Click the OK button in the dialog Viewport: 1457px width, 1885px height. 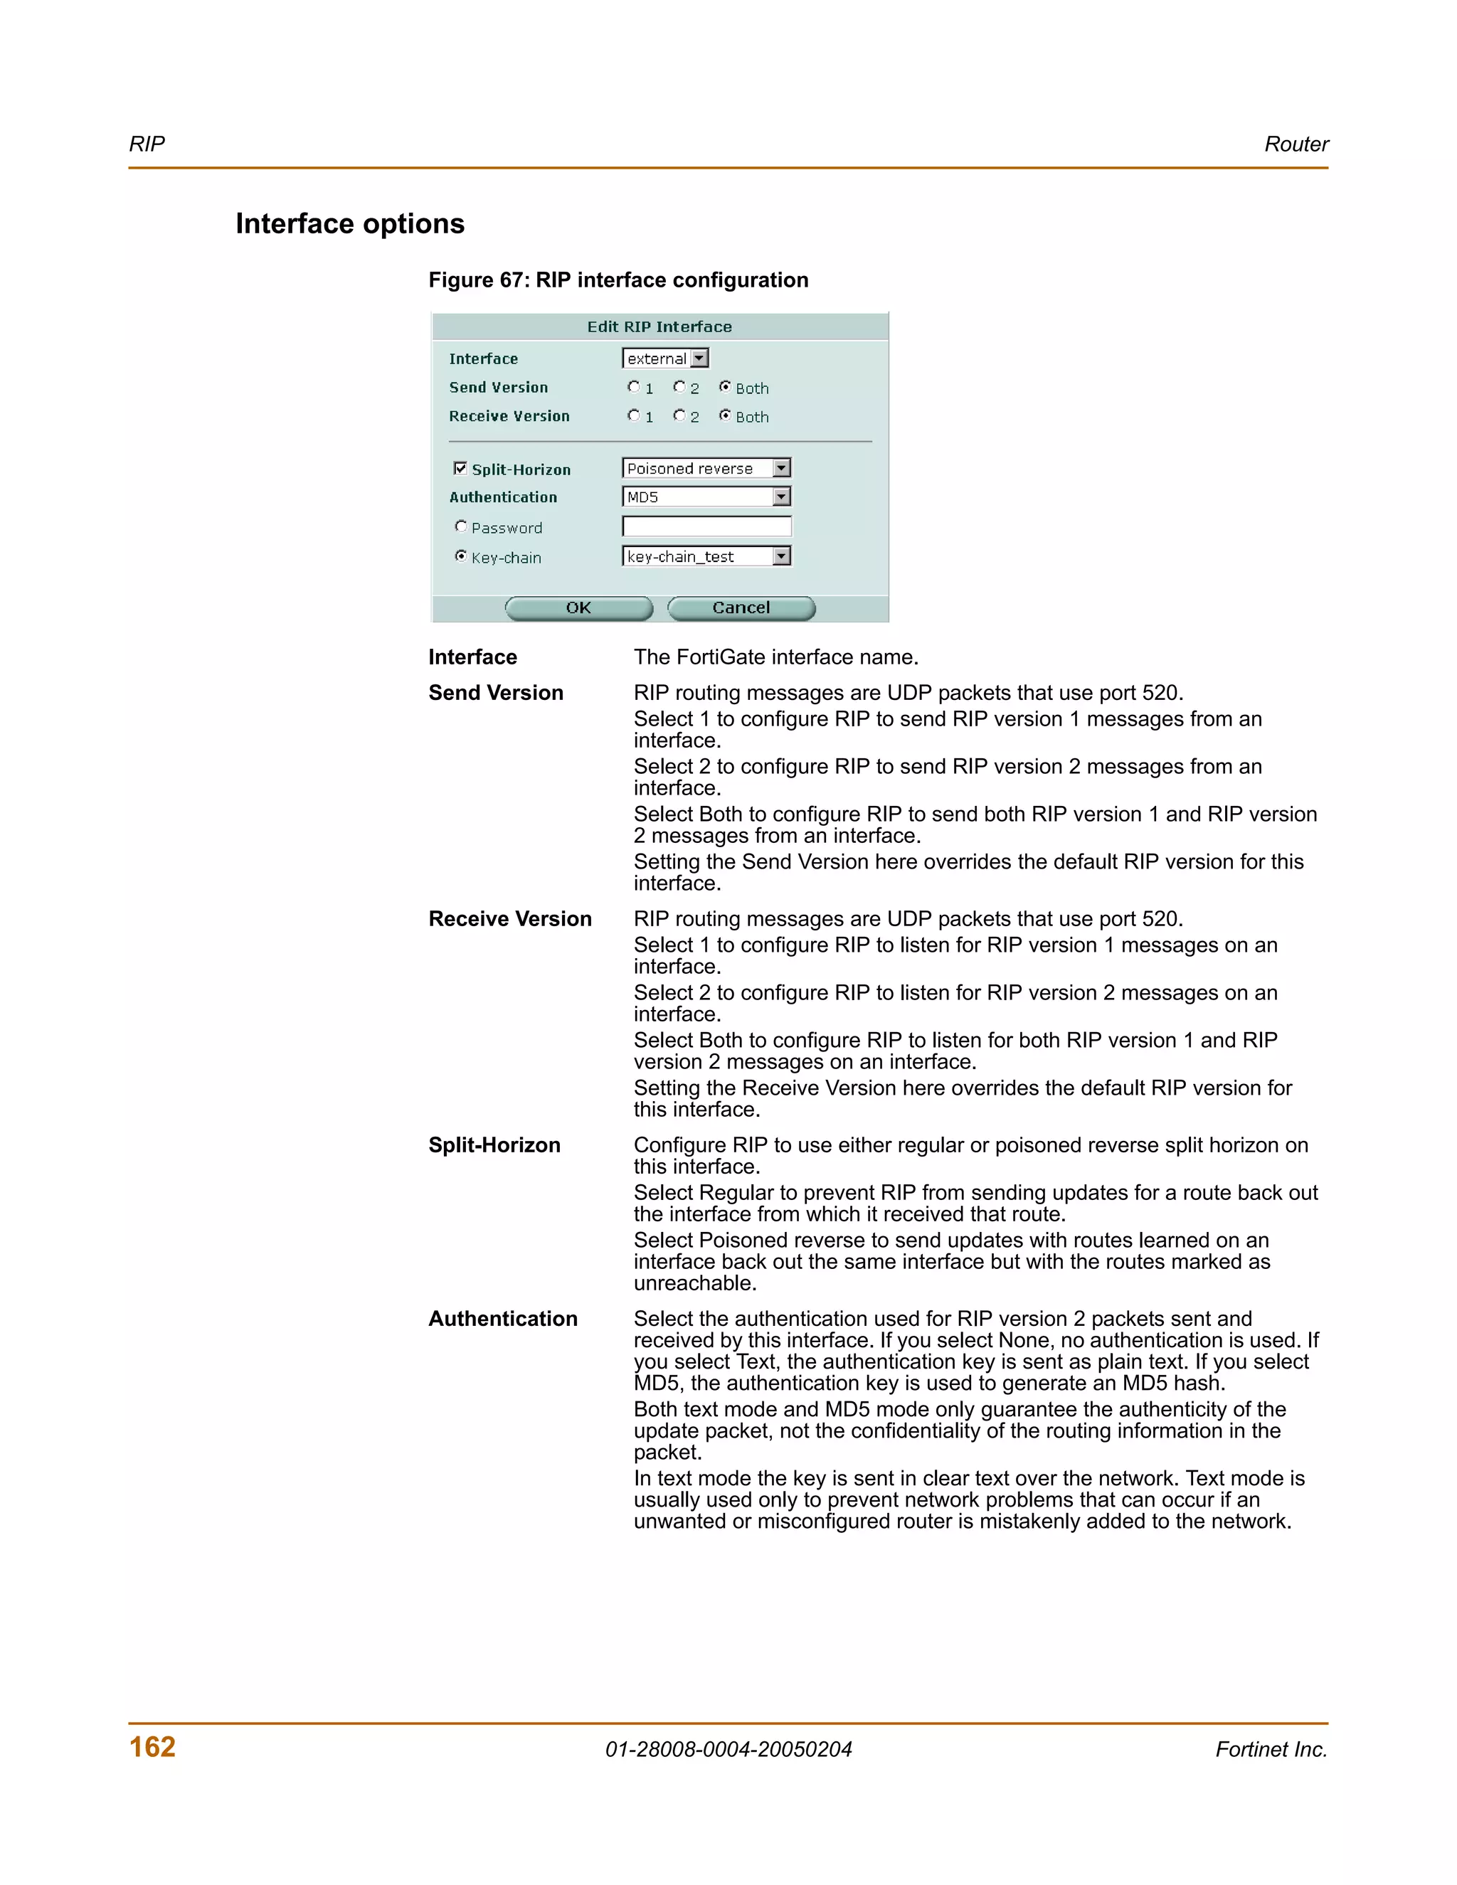click(x=578, y=607)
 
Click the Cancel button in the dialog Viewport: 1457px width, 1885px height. click(x=741, y=607)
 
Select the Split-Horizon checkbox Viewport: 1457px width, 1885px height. click(x=460, y=468)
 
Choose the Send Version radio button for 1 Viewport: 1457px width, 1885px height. click(x=634, y=387)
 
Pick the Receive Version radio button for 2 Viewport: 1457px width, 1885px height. click(x=679, y=415)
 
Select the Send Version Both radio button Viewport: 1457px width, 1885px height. click(x=725, y=387)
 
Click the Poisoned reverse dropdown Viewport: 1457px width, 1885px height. click(x=706, y=468)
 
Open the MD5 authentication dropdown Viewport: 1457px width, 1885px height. click(x=706, y=497)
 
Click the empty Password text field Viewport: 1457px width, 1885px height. click(x=706, y=526)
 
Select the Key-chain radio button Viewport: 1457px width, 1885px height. click(x=461, y=556)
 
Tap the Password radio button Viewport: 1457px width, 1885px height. click(x=461, y=526)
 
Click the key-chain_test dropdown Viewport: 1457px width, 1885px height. click(x=706, y=556)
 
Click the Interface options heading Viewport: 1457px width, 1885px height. click(x=349, y=223)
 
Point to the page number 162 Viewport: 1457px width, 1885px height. click(x=152, y=1746)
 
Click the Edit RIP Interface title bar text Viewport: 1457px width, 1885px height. click(x=659, y=326)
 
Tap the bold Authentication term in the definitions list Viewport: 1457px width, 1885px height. click(x=502, y=1318)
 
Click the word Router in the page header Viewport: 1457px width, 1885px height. click(x=1296, y=144)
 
